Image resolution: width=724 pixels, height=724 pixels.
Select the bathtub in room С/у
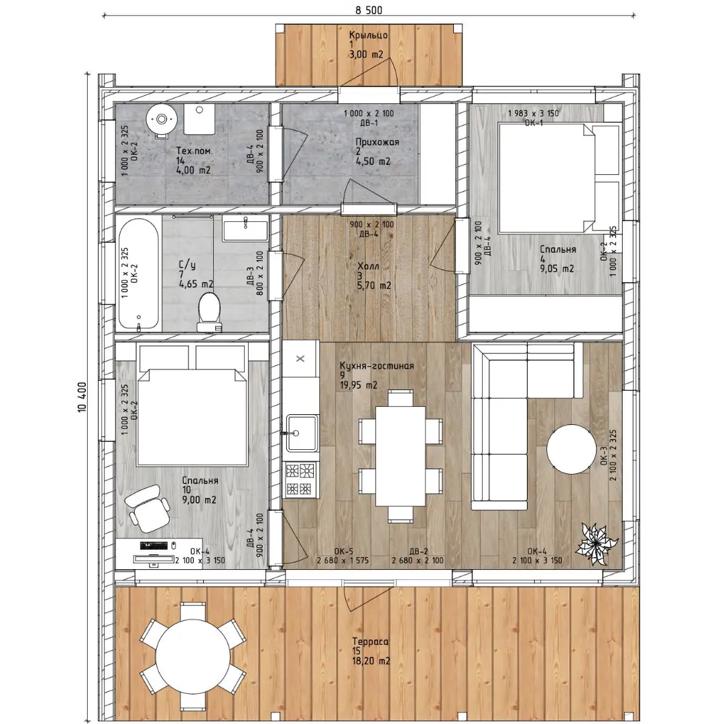[x=139, y=274]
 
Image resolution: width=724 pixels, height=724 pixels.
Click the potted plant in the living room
[x=596, y=544]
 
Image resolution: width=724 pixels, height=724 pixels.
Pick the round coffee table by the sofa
[x=571, y=448]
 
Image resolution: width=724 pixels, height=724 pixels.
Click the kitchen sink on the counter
[x=302, y=432]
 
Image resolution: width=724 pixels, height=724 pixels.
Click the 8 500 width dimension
[x=369, y=10]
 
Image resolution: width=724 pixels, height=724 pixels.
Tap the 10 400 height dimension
[x=82, y=397]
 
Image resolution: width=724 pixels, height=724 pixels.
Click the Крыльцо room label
[x=368, y=35]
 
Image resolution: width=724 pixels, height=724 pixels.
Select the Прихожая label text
[x=377, y=141]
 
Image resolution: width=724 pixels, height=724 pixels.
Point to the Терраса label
[x=370, y=642]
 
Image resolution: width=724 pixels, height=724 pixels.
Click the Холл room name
[x=368, y=266]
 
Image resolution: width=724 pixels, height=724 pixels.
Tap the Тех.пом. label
[x=194, y=151]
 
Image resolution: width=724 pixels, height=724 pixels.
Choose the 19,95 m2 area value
[x=358, y=385]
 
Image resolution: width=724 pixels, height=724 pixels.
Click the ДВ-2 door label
[x=418, y=551]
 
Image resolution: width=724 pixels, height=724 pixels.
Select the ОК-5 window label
[x=343, y=551]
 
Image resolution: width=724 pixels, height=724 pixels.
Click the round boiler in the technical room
[x=162, y=119]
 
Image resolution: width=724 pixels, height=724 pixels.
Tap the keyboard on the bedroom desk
[x=154, y=545]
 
